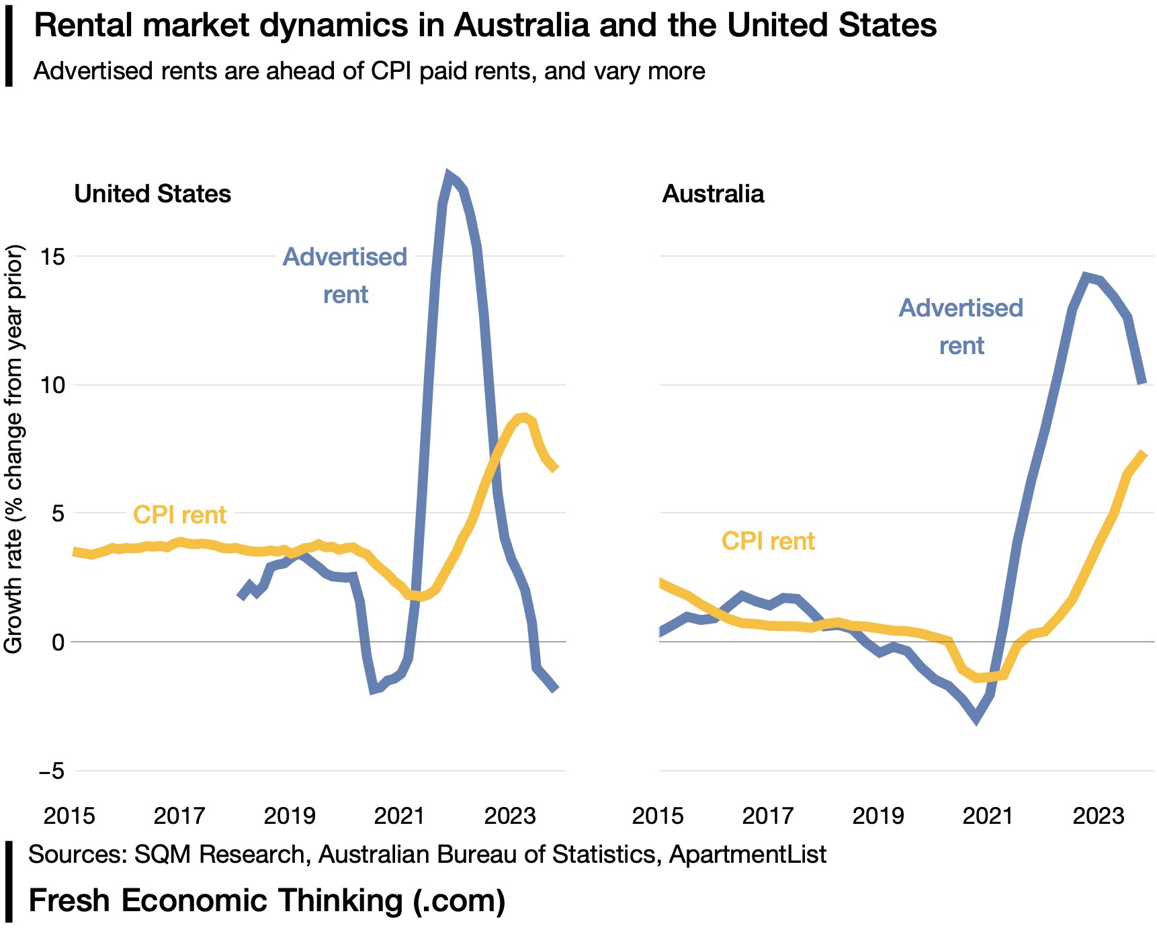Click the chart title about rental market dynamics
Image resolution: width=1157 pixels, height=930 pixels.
pos(484,26)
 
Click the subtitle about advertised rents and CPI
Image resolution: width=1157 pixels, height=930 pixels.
pos(369,71)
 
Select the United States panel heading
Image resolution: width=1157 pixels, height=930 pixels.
pos(153,194)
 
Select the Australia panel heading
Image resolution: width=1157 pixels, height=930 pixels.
pos(713,194)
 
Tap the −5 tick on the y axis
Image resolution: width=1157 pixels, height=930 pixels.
pos(52,770)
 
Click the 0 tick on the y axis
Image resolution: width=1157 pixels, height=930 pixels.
pos(58,642)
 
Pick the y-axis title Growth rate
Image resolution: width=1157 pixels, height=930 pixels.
pos(14,449)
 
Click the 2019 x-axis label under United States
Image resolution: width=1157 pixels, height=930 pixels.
pos(289,816)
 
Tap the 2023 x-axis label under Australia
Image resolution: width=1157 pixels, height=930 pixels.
pos(1098,816)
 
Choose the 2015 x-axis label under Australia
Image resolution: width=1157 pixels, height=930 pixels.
pos(658,816)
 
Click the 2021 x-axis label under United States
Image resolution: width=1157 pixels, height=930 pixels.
pos(399,816)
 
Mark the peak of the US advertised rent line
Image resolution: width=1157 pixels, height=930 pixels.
pos(448,175)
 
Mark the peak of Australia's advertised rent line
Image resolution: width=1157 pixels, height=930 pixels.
pos(1085,276)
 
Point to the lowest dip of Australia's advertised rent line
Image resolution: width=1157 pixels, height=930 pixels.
pos(976,720)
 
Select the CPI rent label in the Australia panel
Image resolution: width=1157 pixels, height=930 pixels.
pos(768,541)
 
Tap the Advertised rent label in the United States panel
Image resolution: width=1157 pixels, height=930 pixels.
pos(345,275)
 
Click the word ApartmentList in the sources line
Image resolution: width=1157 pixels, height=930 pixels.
pos(748,854)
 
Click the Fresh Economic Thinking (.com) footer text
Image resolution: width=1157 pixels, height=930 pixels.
pos(267,900)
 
